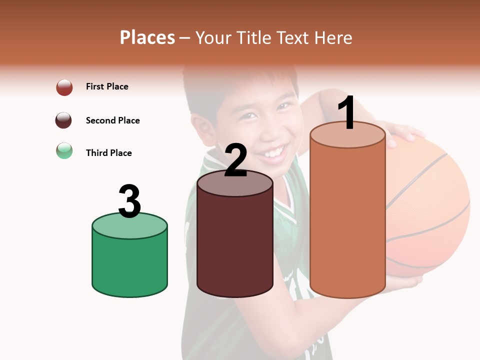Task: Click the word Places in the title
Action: click(x=147, y=37)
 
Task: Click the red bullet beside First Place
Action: click(x=64, y=87)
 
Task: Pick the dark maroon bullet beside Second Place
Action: click(x=64, y=120)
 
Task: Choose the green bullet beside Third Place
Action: click(x=64, y=150)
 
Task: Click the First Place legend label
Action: click(x=107, y=86)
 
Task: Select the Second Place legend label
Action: click(x=112, y=120)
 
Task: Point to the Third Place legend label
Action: click(x=108, y=153)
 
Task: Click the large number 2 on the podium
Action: click(x=236, y=160)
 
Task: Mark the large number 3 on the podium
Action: click(x=130, y=201)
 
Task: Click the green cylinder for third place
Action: click(x=129, y=265)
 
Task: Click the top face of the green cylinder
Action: click(x=129, y=225)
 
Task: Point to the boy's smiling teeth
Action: click(x=274, y=151)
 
